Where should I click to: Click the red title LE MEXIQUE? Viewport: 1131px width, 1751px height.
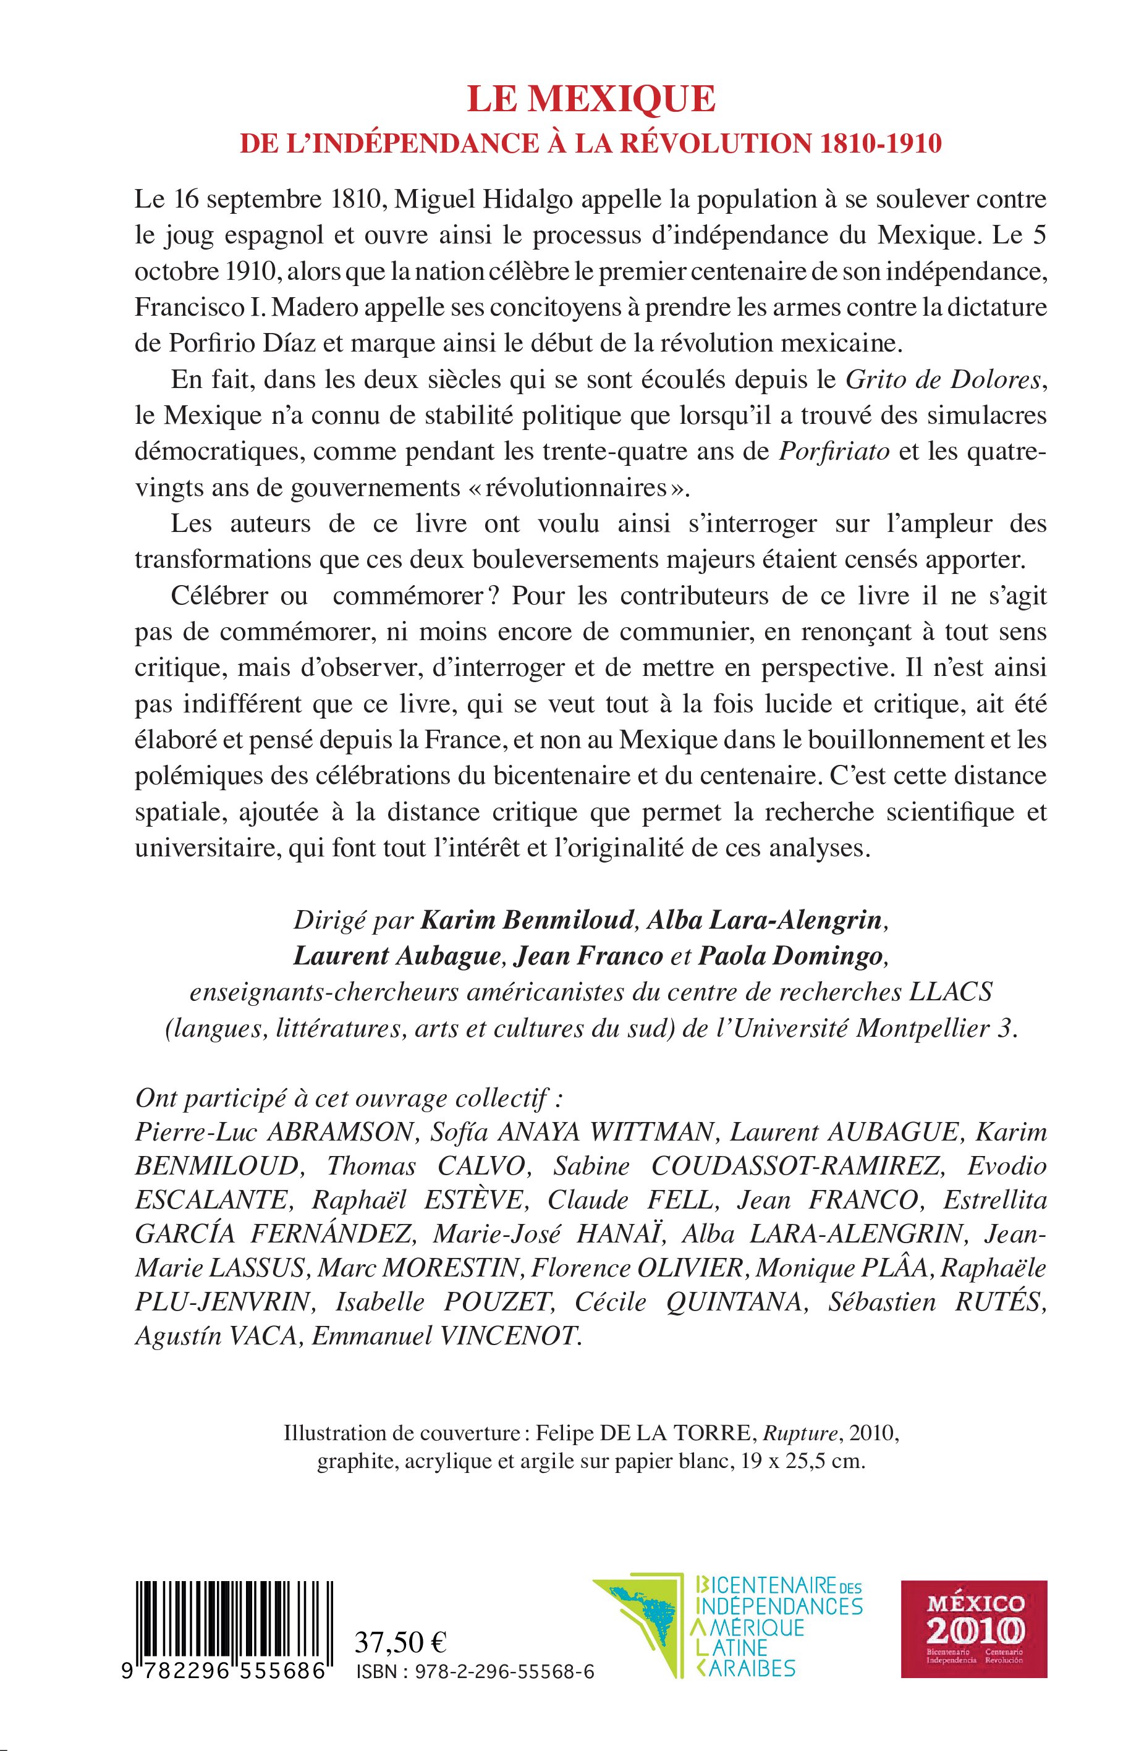click(x=591, y=99)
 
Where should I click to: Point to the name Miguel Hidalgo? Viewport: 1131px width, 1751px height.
click(x=514, y=200)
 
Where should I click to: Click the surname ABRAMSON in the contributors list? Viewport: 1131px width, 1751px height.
click(x=342, y=1132)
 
